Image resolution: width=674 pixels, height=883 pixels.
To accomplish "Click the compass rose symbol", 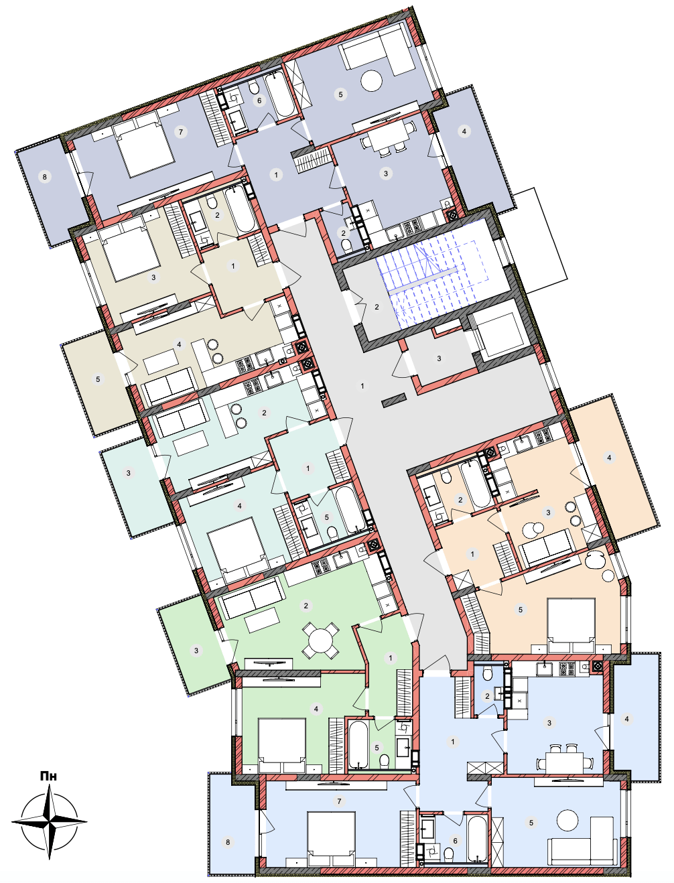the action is pyautogui.click(x=50, y=821).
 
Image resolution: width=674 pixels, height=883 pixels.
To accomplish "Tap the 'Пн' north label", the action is pyautogui.click(x=49, y=776).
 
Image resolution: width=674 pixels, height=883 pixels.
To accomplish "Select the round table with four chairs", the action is pyautogui.click(x=320, y=640).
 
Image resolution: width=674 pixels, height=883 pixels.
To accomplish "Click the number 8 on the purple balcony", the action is pyautogui.click(x=45, y=177).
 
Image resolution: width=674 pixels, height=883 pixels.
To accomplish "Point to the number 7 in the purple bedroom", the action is pyautogui.click(x=181, y=131).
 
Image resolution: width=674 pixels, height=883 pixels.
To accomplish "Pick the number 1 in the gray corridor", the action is pyautogui.click(x=362, y=386).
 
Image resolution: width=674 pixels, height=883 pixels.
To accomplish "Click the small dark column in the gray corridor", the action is pyautogui.click(x=394, y=400).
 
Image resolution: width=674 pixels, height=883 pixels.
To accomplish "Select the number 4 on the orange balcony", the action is pyautogui.click(x=609, y=458).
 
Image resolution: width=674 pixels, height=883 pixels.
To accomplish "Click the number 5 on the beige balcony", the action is pyautogui.click(x=98, y=379).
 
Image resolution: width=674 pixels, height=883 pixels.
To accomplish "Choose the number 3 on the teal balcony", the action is pyautogui.click(x=128, y=473).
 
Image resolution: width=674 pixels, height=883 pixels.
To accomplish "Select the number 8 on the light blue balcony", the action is pyautogui.click(x=228, y=842).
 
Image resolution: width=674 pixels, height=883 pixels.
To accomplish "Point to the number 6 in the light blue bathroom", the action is pyautogui.click(x=455, y=840).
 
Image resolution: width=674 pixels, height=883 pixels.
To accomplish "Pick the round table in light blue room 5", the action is pyautogui.click(x=567, y=820).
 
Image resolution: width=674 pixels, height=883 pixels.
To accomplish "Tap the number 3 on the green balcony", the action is pyautogui.click(x=196, y=650).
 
